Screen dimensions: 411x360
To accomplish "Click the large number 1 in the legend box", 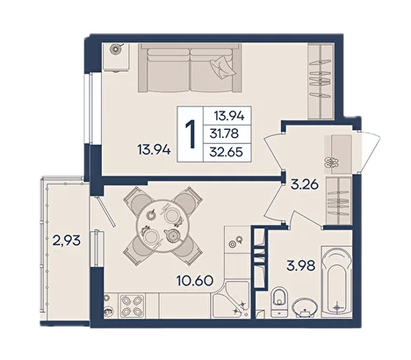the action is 191,134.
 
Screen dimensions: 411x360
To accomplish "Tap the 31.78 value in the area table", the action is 224,133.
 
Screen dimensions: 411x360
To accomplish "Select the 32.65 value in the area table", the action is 227,152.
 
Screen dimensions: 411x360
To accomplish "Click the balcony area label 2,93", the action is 66,241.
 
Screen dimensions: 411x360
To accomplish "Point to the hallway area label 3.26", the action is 305,184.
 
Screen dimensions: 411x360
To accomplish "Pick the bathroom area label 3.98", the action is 301,266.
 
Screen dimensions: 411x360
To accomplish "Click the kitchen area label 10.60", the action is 195,281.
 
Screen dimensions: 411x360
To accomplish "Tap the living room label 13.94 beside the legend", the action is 154,150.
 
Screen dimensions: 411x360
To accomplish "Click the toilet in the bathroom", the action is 279,301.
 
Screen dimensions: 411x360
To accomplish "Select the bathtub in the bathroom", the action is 336,282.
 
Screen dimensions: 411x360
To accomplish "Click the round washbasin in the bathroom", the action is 305,307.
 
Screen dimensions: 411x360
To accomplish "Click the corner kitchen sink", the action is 231,300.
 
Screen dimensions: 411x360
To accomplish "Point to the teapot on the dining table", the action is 173,235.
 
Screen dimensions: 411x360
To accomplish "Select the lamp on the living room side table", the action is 116,49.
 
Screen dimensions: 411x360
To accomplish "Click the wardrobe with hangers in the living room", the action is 321,82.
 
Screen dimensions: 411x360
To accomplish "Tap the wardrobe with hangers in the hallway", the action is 338,201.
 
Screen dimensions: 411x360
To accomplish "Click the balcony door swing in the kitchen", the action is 105,212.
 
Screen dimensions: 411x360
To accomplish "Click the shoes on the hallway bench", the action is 331,162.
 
